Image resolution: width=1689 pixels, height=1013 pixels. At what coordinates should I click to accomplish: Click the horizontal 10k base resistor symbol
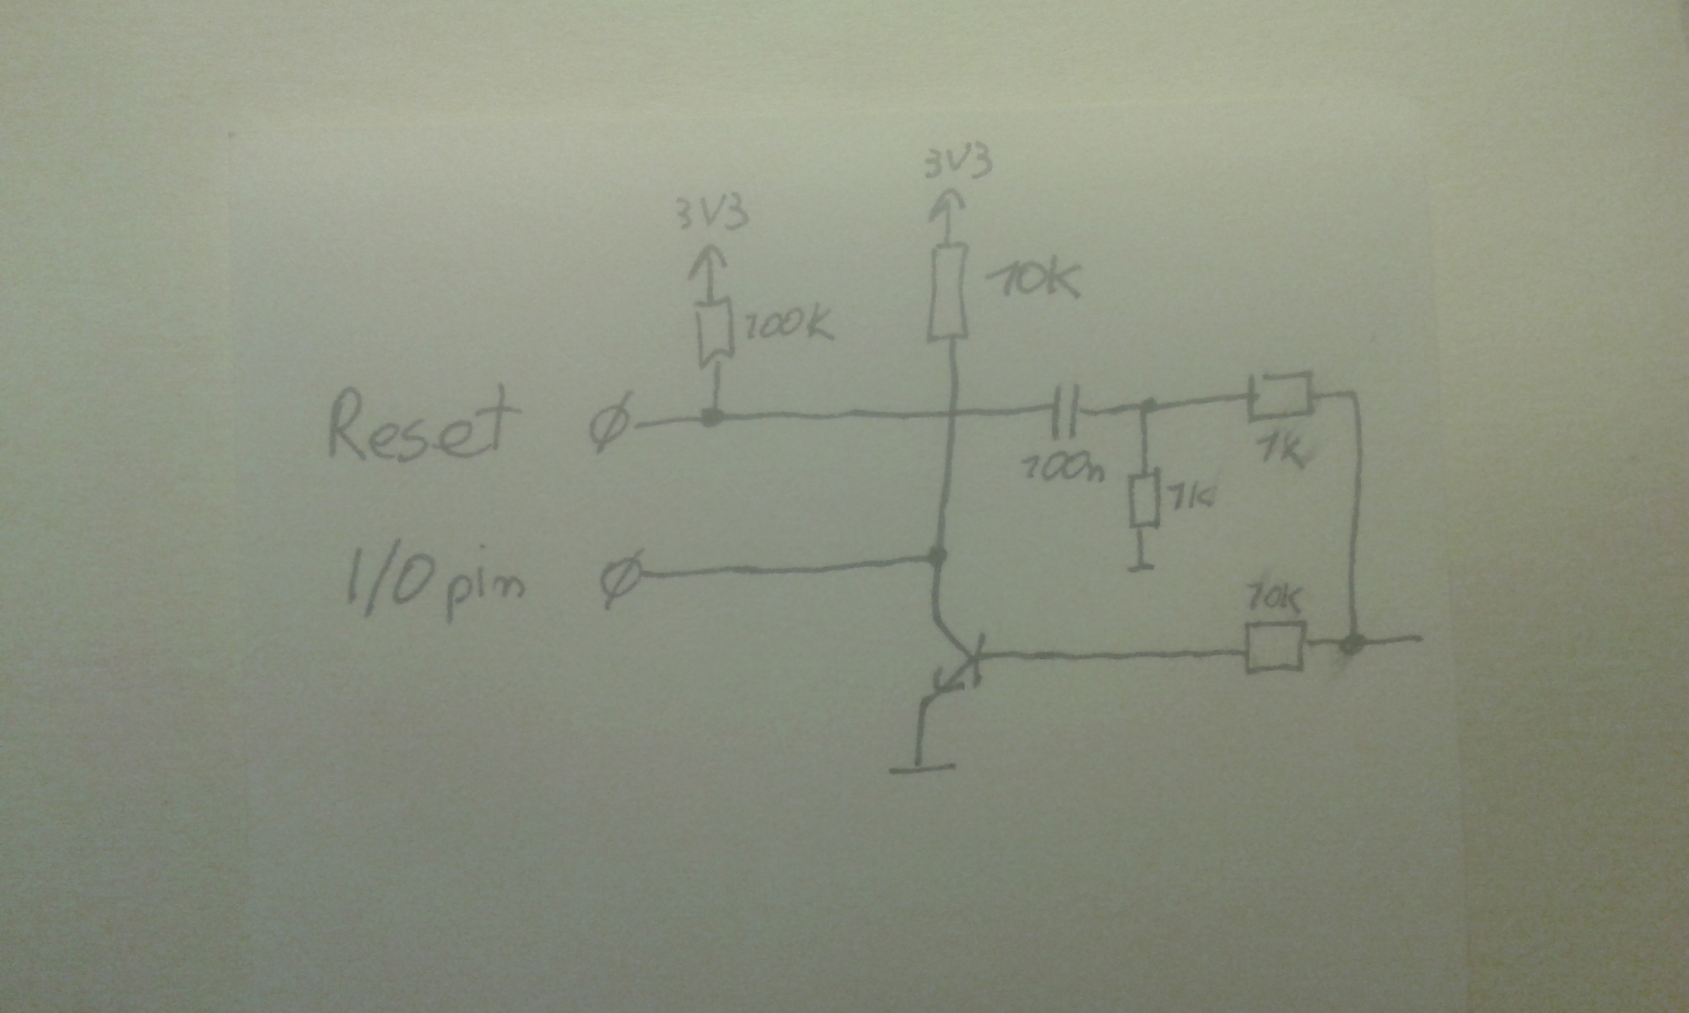(x=1275, y=647)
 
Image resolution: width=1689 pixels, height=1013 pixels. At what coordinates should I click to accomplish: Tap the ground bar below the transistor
(x=922, y=768)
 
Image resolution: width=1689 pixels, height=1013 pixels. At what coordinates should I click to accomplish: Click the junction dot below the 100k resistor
(x=712, y=416)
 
